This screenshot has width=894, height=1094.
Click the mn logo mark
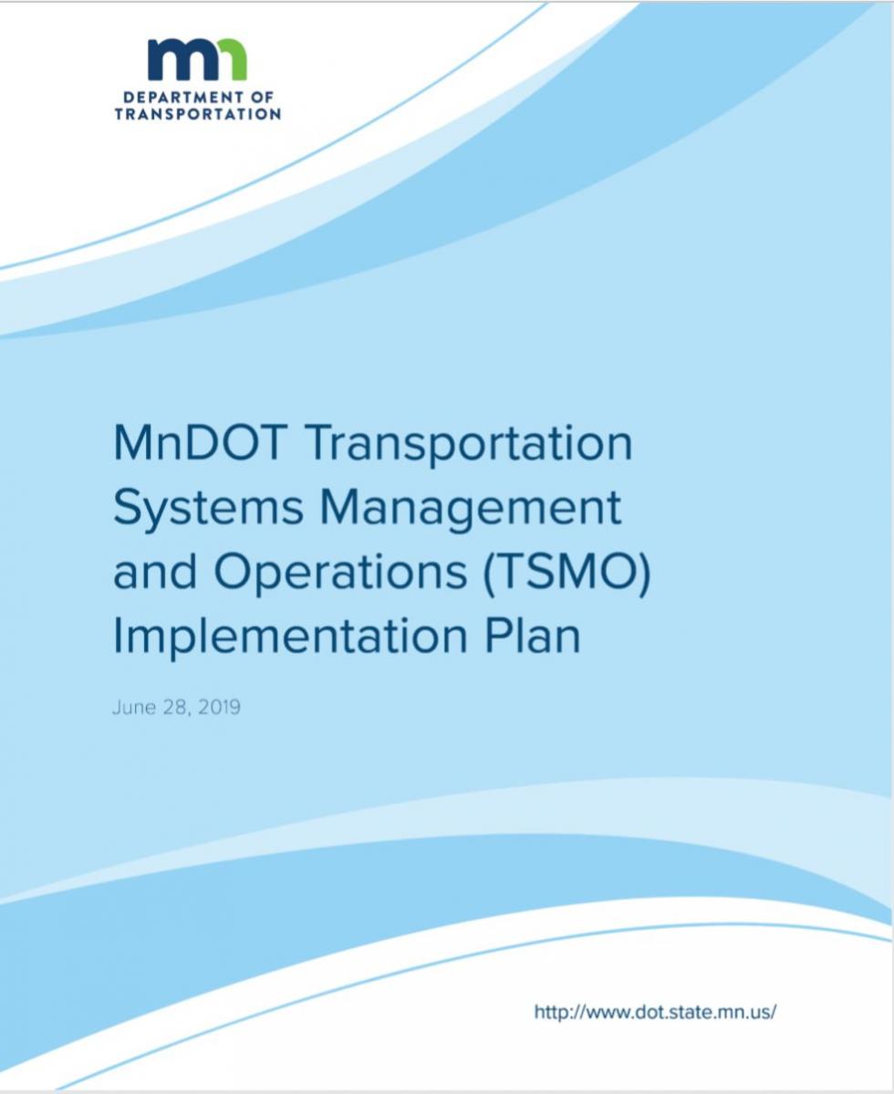tap(197, 59)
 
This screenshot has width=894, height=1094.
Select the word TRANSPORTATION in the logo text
tap(197, 114)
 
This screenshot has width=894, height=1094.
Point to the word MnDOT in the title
tap(200, 443)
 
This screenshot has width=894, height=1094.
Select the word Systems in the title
tap(208, 510)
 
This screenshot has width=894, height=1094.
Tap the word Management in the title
tap(471, 510)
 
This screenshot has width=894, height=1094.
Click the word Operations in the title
tap(340, 573)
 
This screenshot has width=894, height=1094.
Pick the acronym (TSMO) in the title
tap(567, 573)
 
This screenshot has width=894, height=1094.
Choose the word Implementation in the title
tap(290, 637)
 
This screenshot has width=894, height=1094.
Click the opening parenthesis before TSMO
tap(489, 573)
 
